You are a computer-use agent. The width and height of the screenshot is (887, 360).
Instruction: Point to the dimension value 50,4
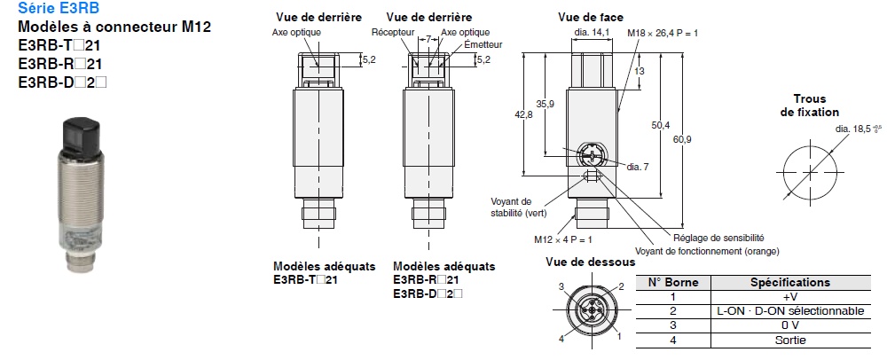pos(660,126)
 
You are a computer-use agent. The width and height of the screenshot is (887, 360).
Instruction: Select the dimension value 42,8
pos(523,114)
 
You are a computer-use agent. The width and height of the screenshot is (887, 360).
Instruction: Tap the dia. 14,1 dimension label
pos(593,32)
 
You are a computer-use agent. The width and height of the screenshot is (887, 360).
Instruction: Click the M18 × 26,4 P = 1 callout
pos(663,33)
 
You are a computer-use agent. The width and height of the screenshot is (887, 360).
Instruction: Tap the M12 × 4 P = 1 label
pos(562,239)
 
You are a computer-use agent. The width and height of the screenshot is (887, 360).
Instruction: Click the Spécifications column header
pos(790,282)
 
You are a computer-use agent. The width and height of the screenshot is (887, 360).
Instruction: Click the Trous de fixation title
pos(809,106)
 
